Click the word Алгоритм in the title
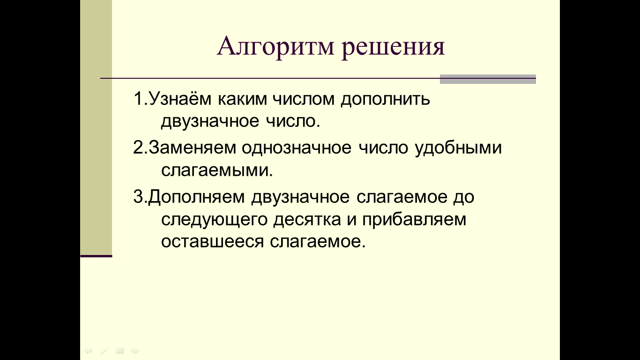275,46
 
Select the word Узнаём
180,98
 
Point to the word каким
242,99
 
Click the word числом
304,99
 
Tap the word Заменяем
192,148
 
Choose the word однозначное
297,148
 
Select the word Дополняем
197,197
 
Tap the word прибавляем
414,219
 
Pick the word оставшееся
212,241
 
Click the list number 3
138,197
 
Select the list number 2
138,148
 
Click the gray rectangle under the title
488,79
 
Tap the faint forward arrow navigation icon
135,350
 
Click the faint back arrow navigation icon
88,350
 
